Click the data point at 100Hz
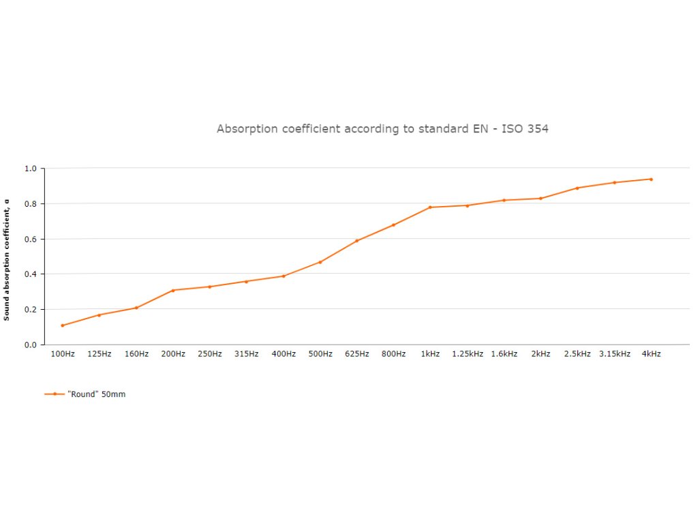pos(62,325)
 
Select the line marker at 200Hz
pos(173,291)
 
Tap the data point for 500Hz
pos(320,262)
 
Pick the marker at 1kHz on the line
pos(430,207)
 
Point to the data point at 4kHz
pos(651,179)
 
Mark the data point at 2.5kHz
pos(577,188)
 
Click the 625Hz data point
pos(356,241)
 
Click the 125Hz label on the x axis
pos(100,354)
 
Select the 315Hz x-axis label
pos(247,354)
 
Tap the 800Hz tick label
pos(393,354)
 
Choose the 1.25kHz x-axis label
pos(468,354)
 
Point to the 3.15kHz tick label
pos(615,354)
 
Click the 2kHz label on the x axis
pos(541,354)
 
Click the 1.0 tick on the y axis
pos(30,169)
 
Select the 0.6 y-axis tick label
pos(30,239)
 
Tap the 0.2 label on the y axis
pos(30,310)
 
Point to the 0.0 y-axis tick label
pos(30,345)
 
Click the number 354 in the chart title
pos(537,129)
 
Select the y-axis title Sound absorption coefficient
pos(7,259)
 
